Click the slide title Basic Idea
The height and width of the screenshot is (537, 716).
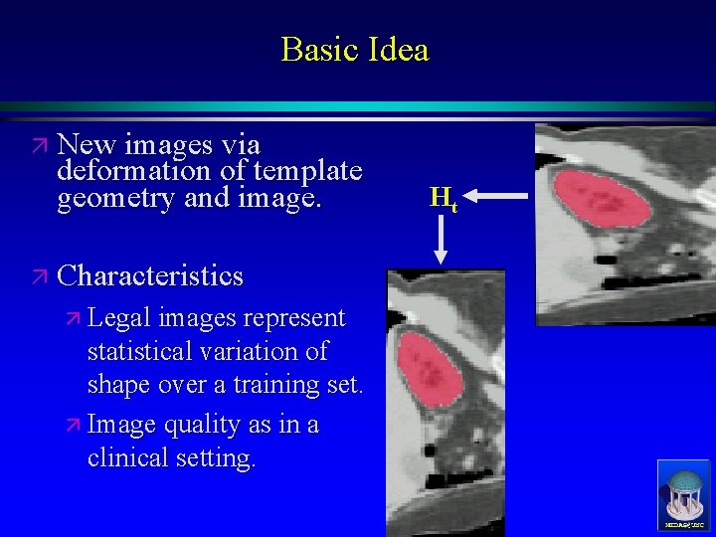click(354, 49)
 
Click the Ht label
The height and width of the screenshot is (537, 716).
click(443, 198)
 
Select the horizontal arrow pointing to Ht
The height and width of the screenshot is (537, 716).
click(495, 197)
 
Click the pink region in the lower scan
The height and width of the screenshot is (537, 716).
click(431, 367)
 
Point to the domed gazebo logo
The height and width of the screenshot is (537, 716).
click(683, 493)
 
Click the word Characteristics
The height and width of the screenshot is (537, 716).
click(150, 274)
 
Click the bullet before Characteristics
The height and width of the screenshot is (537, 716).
click(38, 275)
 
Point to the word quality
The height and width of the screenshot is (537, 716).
click(198, 426)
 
